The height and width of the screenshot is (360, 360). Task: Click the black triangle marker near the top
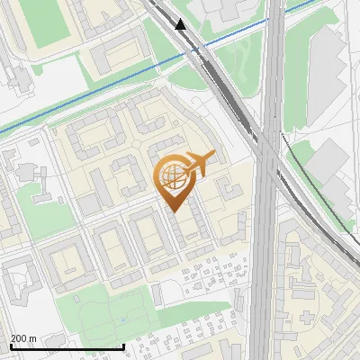pos(182,24)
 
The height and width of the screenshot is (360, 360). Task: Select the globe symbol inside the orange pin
pos(173,176)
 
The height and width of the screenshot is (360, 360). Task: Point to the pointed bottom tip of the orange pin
pos(174,212)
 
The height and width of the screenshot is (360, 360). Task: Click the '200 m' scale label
pos(23,338)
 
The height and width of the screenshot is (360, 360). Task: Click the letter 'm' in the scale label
pos(32,338)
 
